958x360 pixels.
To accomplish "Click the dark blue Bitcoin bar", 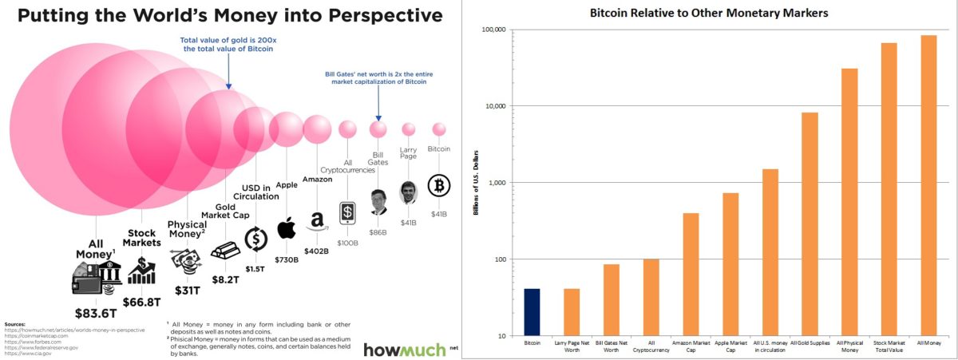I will pos(532,312).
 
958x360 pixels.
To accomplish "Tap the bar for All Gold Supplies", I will pos(810,224).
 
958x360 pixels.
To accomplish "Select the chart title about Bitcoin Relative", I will pos(719,13).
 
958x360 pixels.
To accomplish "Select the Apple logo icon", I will pos(286,228).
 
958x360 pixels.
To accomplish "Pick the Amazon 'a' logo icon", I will pos(317,221).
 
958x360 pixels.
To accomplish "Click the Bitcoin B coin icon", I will pos(439,186).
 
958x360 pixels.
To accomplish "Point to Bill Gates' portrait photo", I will pos(378,202).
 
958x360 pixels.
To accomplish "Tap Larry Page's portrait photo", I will pos(409,192).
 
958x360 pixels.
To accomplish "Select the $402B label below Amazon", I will pos(317,251).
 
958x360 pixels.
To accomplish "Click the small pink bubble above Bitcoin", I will pos(438,129).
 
